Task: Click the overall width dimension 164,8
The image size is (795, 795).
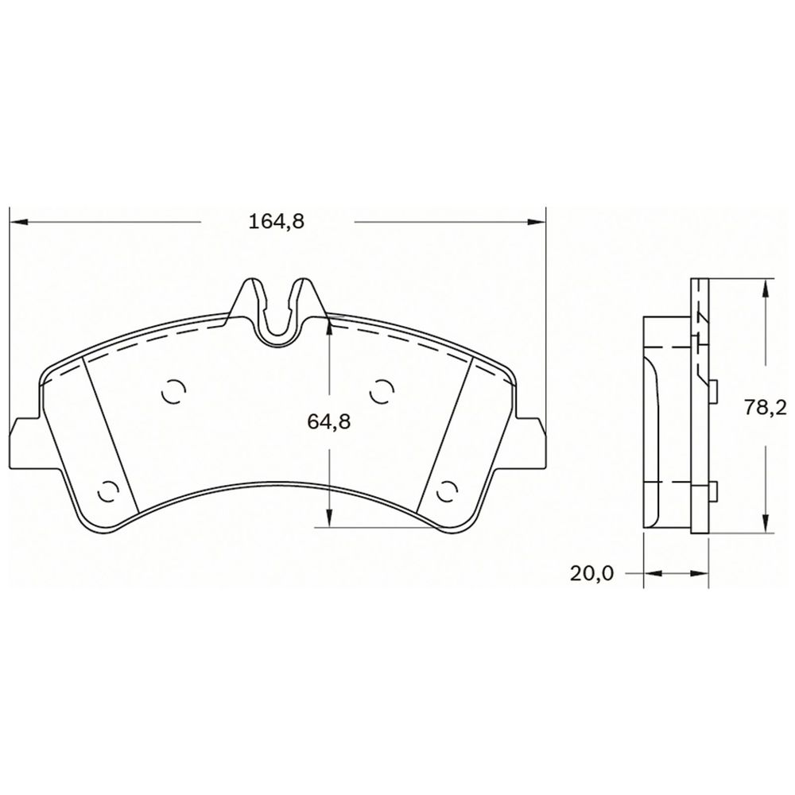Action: click(x=277, y=222)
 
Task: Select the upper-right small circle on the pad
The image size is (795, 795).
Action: click(x=382, y=390)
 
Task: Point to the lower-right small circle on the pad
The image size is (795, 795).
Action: click(x=448, y=491)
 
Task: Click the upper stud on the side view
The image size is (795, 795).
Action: click(x=713, y=389)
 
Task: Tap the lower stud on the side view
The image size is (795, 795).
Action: click(x=713, y=492)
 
